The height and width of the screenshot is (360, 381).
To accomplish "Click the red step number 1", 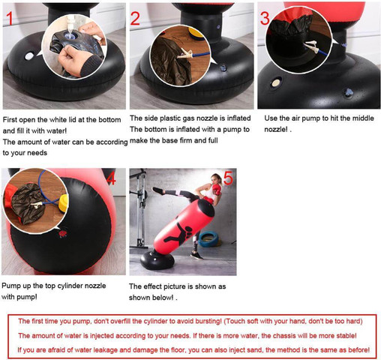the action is tap(10, 18).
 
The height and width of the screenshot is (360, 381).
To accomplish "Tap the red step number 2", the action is tap(135, 18).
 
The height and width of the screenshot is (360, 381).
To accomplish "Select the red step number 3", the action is tap(265, 18).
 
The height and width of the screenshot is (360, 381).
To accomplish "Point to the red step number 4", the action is tap(112, 178).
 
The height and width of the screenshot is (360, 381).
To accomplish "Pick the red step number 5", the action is tap(229, 178).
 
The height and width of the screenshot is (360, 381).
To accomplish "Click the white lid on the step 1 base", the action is tap(29, 56).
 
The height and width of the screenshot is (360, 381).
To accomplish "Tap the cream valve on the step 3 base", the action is tap(276, 82).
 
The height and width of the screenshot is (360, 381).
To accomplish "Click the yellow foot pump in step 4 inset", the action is tap(64, 203).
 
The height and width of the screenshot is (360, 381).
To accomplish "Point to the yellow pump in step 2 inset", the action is tap(196, 34).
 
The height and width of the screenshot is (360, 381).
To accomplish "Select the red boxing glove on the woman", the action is tap(217, 190).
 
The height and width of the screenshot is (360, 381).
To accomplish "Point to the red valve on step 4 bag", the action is tap(63, 233).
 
